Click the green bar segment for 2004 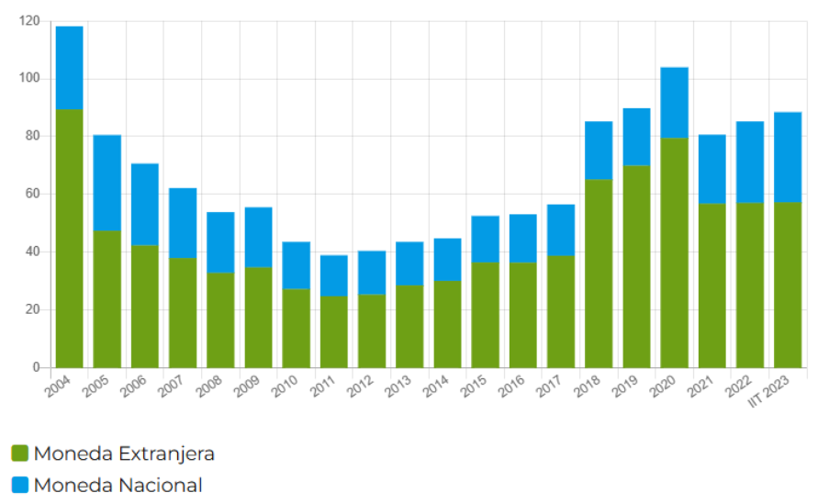(70, 239)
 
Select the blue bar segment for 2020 (674, 102)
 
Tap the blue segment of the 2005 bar (107, 183)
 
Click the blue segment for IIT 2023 (788, 157)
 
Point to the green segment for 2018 (599, 274)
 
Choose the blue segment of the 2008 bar (220, 242)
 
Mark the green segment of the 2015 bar (486, 315)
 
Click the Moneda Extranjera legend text (124, 454)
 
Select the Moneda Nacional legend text (118, 485)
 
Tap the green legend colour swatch (20, 454)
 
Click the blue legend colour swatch (20, 485)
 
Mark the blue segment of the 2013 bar (409, 263)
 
